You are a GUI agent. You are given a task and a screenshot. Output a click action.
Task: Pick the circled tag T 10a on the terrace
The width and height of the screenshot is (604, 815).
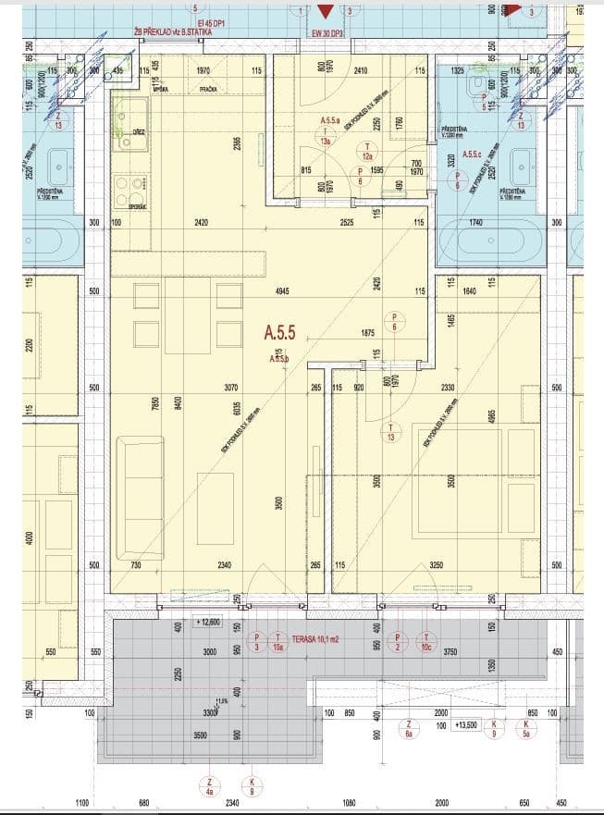click(277, 642)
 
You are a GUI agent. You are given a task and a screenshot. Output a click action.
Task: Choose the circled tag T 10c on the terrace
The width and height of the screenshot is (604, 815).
click(426, 642)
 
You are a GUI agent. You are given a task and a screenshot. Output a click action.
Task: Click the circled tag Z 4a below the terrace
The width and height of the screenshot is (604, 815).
click(212, 786)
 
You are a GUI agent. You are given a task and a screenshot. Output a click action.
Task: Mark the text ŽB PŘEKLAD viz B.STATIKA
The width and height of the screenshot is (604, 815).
click(173, 31)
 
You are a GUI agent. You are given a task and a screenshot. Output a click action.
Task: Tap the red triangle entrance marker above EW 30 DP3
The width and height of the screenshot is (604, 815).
click(325, 12)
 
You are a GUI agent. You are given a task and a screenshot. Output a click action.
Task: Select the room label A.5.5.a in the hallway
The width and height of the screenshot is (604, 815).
click(330, 121)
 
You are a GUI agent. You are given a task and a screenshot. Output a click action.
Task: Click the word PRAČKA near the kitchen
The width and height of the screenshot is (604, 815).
click(208, 89)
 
